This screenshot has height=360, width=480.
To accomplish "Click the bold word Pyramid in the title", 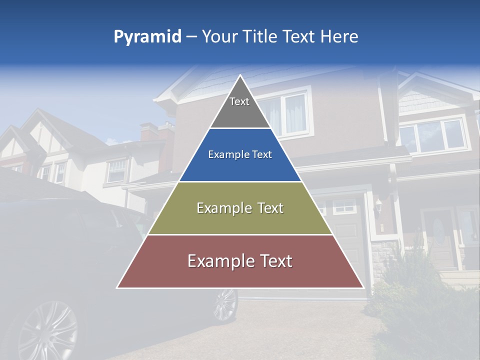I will pos(147,36).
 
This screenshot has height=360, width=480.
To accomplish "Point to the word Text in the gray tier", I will pos(239,101).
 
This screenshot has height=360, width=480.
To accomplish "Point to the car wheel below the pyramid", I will pos(225,304).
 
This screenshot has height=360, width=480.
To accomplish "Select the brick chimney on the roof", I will pos(150,132).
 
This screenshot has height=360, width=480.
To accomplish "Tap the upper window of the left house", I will pos(117,170).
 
